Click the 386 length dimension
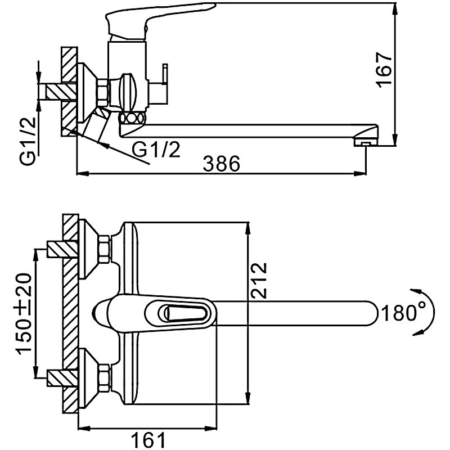point(222,164)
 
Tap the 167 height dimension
point(384,70)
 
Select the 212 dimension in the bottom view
point(259,280)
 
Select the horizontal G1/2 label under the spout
point(157,149)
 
